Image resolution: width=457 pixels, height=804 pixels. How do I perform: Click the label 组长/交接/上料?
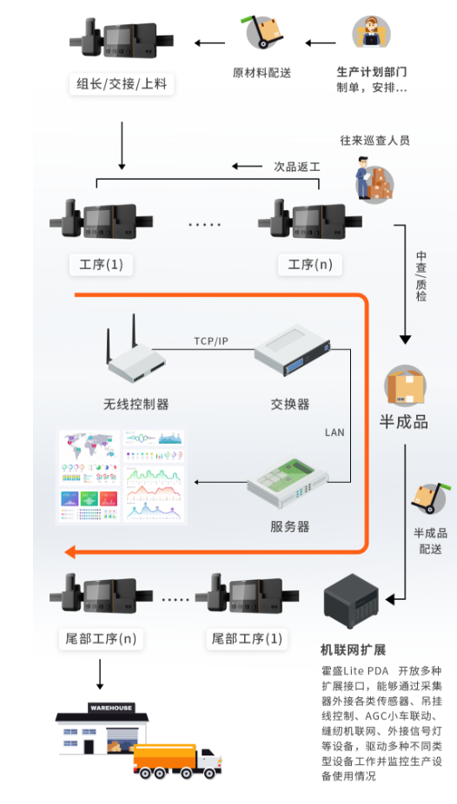[x=121, y=84]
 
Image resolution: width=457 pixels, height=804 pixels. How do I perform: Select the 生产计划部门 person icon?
[x=371, y=33]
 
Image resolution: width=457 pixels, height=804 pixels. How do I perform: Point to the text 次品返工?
[x=296, y=167]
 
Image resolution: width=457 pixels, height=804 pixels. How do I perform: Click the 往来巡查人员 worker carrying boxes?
[x=373, y=181]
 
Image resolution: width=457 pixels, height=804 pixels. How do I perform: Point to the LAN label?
[x=334, y=432]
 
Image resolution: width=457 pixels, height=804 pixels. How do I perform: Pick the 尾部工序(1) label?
[x=248, y=639]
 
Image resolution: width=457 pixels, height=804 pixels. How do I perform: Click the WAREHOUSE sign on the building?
[x=111, y=708]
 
